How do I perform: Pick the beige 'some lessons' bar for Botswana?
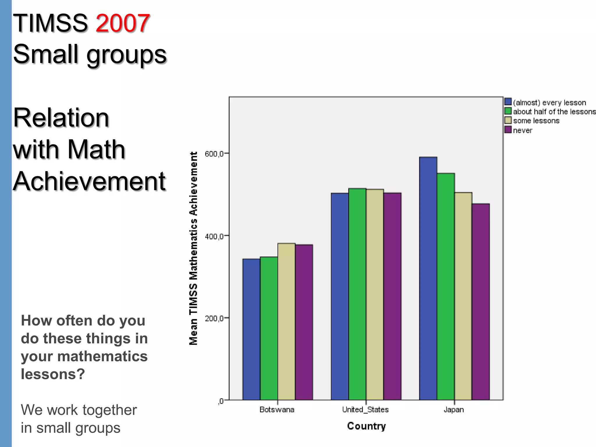(x=286, y=322)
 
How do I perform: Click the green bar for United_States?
(x=357, y=294)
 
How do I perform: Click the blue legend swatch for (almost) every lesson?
(x=508, y=102)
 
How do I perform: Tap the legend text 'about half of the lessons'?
(x=554, y=112)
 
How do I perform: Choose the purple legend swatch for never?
(x=508, y=130)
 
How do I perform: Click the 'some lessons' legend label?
(x=536, y=121)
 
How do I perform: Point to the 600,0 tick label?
(x=214, y=154)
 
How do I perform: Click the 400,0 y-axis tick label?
(x=214, y=236)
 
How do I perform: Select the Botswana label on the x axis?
(x=277, y=410)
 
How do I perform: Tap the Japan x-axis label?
(x=454, y=410)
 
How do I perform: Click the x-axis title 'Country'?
(x=366, y=426)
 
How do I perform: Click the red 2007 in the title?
(x=123, y=23)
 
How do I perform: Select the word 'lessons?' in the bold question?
(x=53, y=374)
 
